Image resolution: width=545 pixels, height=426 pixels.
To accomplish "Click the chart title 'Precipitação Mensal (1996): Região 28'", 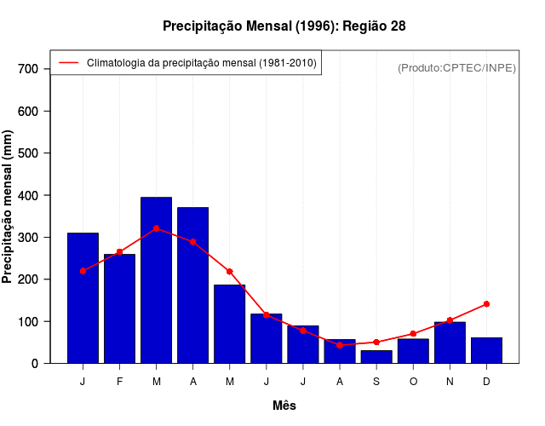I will (284, 26).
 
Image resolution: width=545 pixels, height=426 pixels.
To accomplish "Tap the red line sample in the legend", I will (68, 62).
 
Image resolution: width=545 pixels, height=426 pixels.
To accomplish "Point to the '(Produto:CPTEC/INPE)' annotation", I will (457, 67).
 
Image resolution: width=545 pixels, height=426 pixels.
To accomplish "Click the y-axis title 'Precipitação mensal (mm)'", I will (9, 206).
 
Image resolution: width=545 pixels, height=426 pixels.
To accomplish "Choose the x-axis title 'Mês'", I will (284, 406).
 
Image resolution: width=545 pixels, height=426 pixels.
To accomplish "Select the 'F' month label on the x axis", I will (119, 382).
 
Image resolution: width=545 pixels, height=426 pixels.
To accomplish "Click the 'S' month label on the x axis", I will (376, 382).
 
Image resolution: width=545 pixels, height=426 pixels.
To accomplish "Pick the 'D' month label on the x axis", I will (486, 382).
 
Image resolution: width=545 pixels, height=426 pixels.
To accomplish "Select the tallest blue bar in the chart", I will (156, 281).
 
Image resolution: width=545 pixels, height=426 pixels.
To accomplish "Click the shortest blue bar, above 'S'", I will (376, 357).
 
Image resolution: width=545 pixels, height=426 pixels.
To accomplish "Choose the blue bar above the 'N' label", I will (450, 343).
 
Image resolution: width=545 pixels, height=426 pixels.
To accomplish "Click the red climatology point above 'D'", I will (486, 303).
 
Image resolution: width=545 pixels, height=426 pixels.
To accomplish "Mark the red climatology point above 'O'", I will (413, 334).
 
